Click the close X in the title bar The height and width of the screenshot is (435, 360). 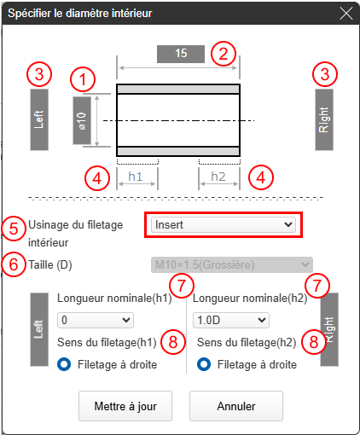[346, 14]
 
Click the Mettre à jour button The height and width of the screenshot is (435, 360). [125, 406]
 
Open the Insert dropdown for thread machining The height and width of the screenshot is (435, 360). [224, 224]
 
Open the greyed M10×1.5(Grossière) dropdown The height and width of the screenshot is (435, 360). [232, 265]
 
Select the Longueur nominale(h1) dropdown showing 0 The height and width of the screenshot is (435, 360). [96, 320]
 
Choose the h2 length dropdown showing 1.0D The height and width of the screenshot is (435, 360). [231, 320]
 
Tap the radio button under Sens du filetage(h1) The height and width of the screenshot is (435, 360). [64, 364]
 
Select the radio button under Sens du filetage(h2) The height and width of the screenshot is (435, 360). [204, 364]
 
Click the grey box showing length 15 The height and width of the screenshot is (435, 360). [181, 54]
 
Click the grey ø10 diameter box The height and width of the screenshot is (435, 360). [82, 120]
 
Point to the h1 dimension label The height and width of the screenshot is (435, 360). [135, 177]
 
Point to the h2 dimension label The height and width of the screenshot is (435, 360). [218, 177]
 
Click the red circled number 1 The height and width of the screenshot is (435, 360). [83, 79]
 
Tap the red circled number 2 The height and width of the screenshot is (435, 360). [224, 54]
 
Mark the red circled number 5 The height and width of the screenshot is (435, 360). [14, 229]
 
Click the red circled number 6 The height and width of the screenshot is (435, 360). [14, 264]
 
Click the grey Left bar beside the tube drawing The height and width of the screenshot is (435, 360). [39, 119]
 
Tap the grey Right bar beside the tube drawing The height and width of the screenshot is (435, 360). [324, 119]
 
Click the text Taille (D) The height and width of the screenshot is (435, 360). [50, 265]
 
